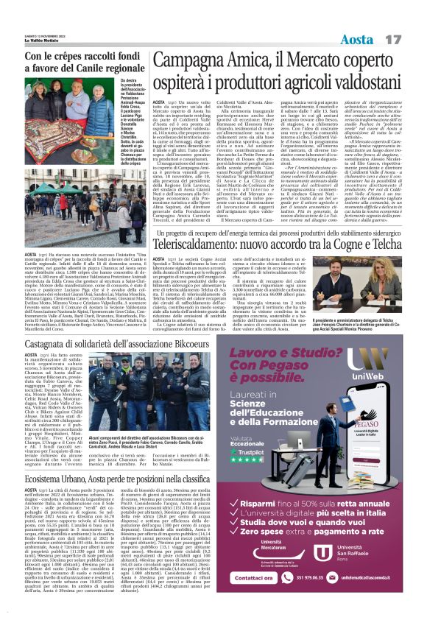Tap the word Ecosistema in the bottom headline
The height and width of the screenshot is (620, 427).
[x=50, y=479]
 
